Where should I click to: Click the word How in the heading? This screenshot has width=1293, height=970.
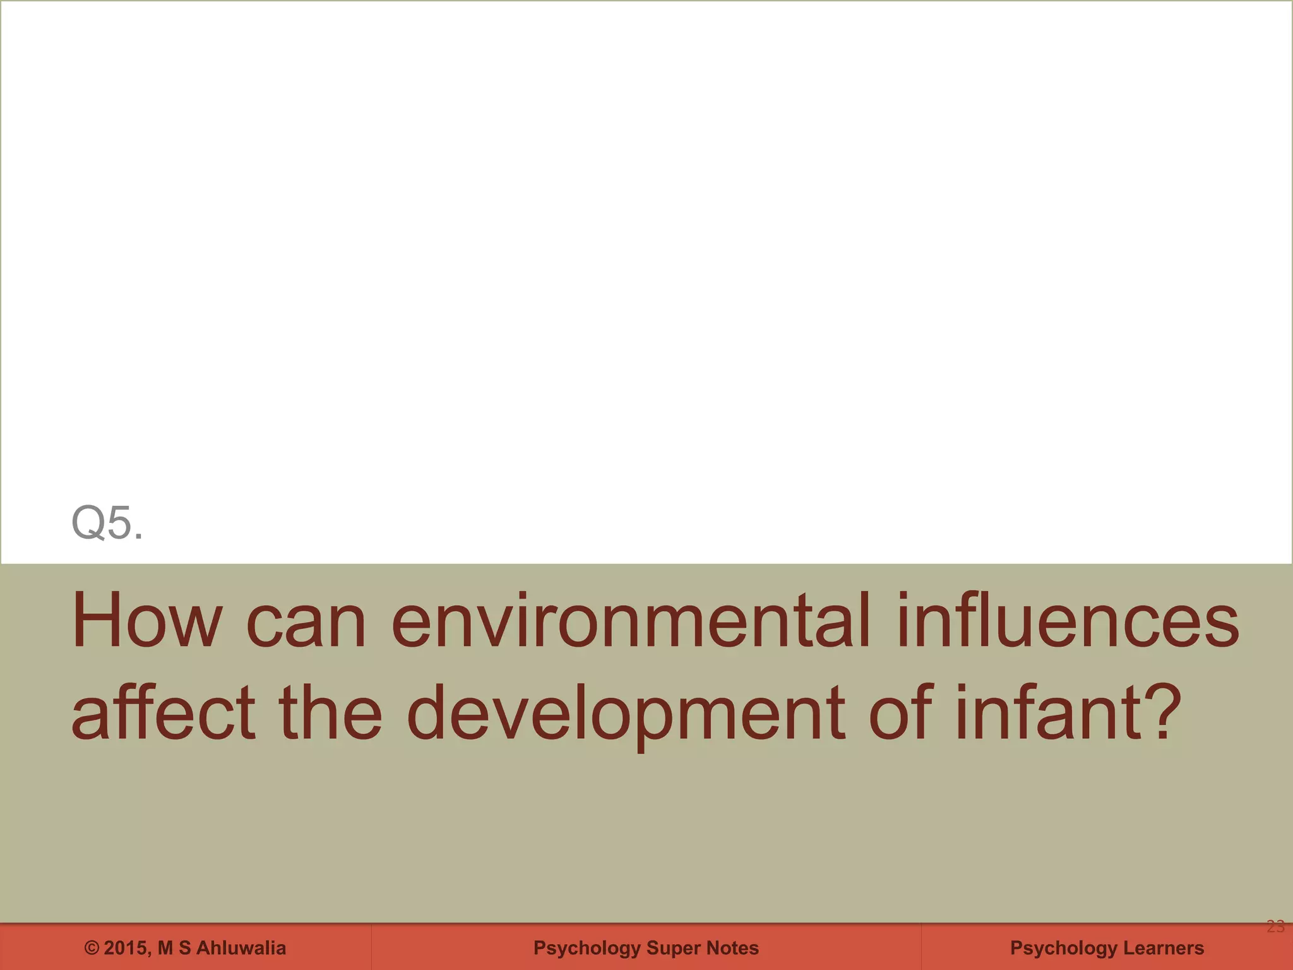147,621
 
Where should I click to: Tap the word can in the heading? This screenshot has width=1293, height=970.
306,624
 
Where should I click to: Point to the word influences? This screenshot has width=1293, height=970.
1068,621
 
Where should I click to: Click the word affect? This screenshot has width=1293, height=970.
163,714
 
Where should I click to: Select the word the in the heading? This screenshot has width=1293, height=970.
330,714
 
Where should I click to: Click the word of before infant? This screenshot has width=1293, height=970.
901,714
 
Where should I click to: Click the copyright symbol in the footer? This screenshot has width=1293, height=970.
92,949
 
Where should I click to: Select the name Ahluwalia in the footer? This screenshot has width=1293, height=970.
241,949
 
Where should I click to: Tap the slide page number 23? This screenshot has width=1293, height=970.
1275,927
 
